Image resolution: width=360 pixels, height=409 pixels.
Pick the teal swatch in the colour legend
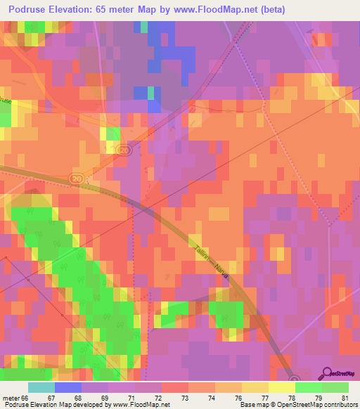tap(41, 387)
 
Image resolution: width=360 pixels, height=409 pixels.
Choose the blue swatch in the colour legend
tap(68, 387)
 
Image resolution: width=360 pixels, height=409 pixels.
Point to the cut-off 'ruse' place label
tap(6, 100)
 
